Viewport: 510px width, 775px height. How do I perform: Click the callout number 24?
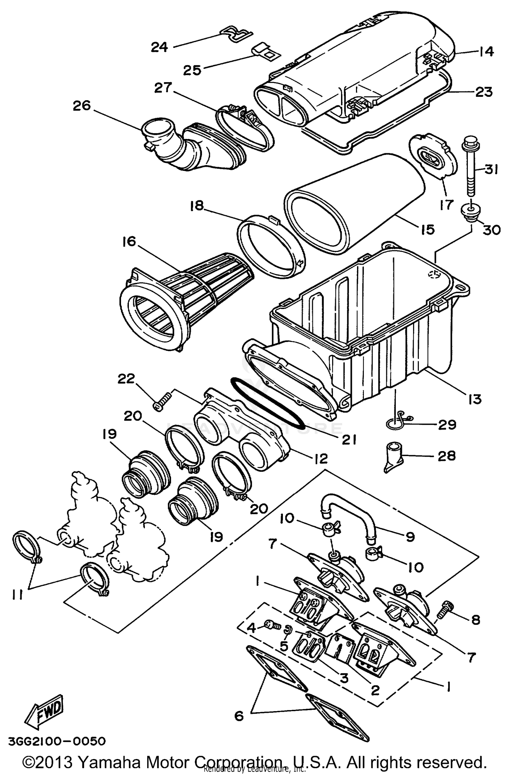click(159, 47)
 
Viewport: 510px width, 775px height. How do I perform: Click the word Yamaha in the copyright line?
click(113, 761)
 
